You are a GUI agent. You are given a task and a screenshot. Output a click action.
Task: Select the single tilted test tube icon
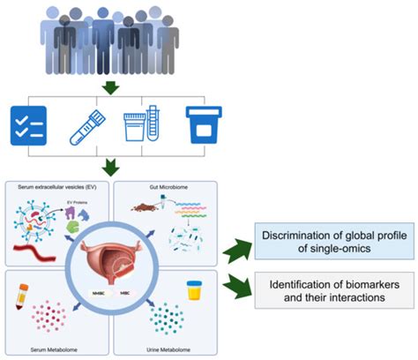tap(86, 125)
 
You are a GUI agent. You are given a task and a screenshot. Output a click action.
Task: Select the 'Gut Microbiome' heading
tap(183, 188)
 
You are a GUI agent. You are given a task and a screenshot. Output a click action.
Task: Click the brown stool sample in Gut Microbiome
tap(144, 208)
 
